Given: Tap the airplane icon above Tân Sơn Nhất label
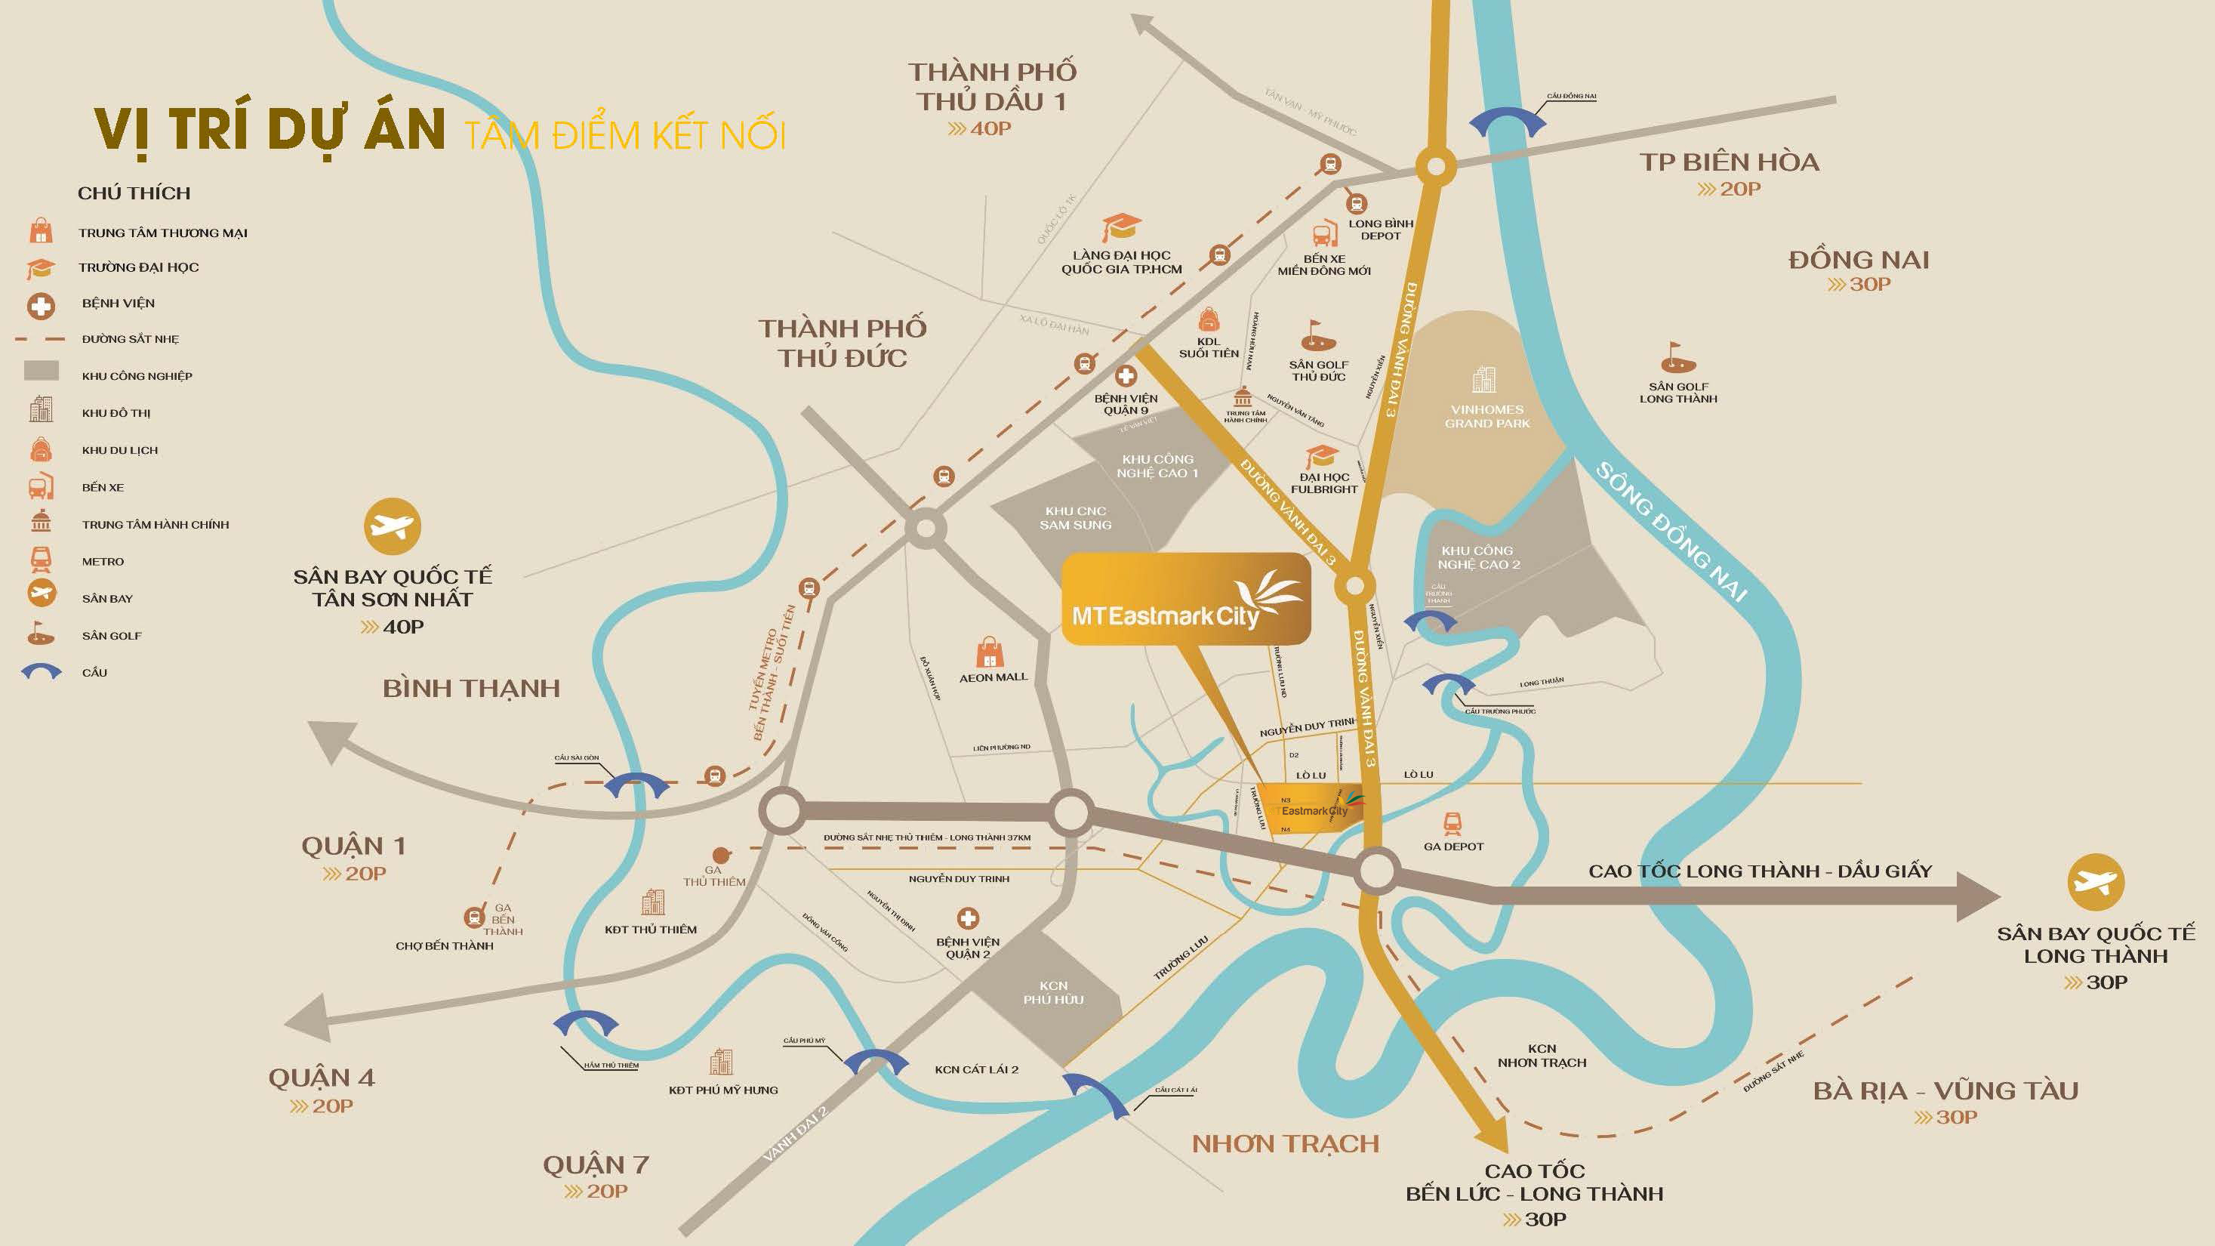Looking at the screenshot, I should (392, 526).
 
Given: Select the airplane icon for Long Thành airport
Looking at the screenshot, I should (2095, 882).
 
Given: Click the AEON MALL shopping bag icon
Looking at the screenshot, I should (989, 652).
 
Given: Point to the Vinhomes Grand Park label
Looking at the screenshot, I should (1486, 416).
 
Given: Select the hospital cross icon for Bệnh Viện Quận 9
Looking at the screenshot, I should (1126, 376).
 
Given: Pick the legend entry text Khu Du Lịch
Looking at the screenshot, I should (119, 450).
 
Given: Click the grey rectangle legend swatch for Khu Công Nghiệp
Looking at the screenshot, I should (42, 371).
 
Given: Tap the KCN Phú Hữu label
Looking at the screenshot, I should (1053, 992).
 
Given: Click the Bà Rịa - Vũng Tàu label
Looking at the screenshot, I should (1945, 1090).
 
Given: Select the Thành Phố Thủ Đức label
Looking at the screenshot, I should (842, 342).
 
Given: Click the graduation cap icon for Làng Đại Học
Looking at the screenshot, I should (1120, 228).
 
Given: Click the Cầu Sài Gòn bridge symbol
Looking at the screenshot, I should (636, 785).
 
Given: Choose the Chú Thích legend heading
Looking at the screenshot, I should (134, 193).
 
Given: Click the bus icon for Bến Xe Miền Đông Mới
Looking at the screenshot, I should (1324, 234).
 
